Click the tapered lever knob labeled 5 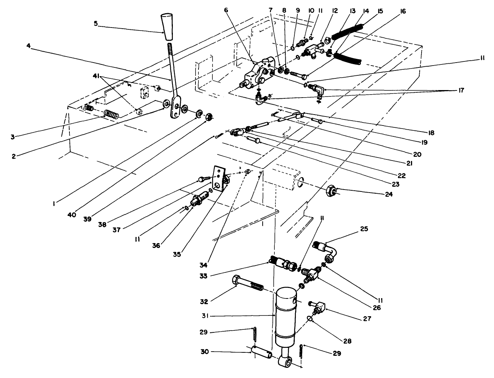click(x=168, y=27)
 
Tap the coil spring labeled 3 click(x=111, y=113)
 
